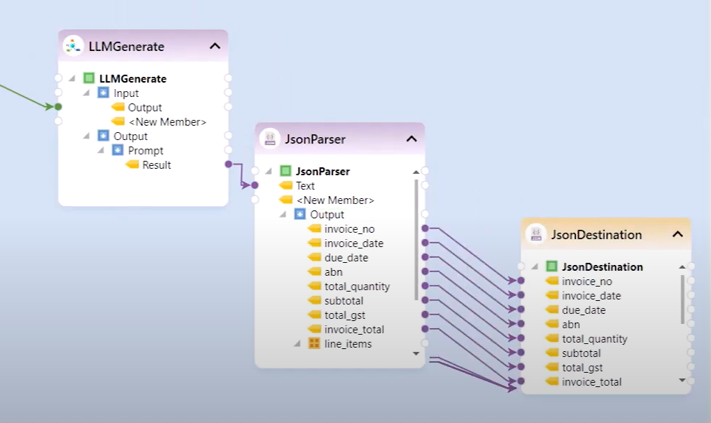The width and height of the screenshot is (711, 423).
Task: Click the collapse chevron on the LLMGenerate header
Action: pyautogui.click(x=215, y=46)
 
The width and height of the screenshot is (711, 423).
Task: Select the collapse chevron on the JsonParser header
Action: pyautogui.click(x=411, y=139)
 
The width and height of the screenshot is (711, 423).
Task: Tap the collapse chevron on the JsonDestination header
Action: pyautogui.click(x=677, y=234)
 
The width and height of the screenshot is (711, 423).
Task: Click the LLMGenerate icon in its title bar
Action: pyautogui.click(x=72, y=46)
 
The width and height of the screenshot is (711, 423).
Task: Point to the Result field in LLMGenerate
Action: pyautogui.click(x=156, y=165)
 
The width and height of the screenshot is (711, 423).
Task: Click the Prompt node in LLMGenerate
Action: pyautogui.click(x=146, y=151)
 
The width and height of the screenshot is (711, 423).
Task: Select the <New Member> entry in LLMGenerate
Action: pyautogui.click(x=167, y=122)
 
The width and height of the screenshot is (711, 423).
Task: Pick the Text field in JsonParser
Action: pyautogui.click(x=305, y=185)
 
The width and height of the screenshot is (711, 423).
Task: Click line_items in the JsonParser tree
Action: pyautogui.click(x=348, y=344)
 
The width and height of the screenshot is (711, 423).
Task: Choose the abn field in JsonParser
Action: pyautogui.click(x=333, y=272)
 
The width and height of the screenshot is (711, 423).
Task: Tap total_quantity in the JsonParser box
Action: pyautogui.click(x=357, y=287)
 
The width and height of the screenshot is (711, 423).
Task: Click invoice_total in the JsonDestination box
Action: pyautogui.click(x=591, y=382)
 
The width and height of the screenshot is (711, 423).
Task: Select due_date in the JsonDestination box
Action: pyautogui.click(x=583, y=310)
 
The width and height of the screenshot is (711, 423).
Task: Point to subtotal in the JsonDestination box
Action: pyautogui.click(x=581, y=353)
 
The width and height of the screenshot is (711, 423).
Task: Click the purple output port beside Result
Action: pyautogui.click(x=228, y=164)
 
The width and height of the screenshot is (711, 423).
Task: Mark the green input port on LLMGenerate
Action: pyautogui.click(x=58, y=107)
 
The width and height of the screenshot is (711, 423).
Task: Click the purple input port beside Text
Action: pyautogui.click(x=255, y=185)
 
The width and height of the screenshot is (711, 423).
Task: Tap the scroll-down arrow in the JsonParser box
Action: pyautogui.click(x=415, y=353)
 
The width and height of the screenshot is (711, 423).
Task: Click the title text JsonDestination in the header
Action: pyautogui.click(x=596, y=235)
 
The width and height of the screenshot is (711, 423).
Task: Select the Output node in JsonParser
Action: pyautogui.click(x=326, y=215)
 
